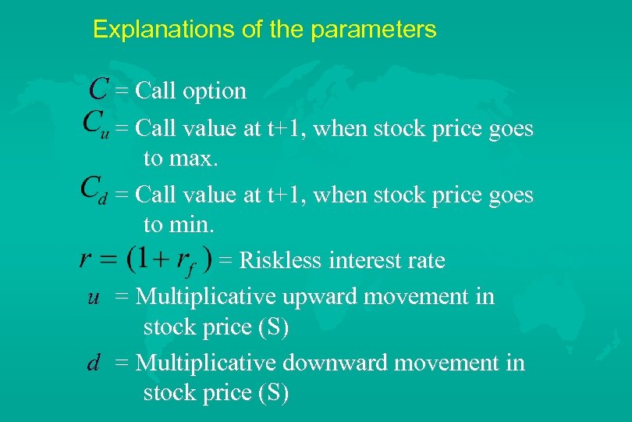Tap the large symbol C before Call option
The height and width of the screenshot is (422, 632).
[x=98, y=89]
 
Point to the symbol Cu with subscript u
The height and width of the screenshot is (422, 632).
[x=94, y=125]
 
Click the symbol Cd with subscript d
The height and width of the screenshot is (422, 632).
[x=94, y=190]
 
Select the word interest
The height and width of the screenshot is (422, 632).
[x=365, y=260]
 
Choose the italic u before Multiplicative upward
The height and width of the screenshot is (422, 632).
[x=93, y=298]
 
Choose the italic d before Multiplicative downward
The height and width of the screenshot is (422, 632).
[x=93, y=363]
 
